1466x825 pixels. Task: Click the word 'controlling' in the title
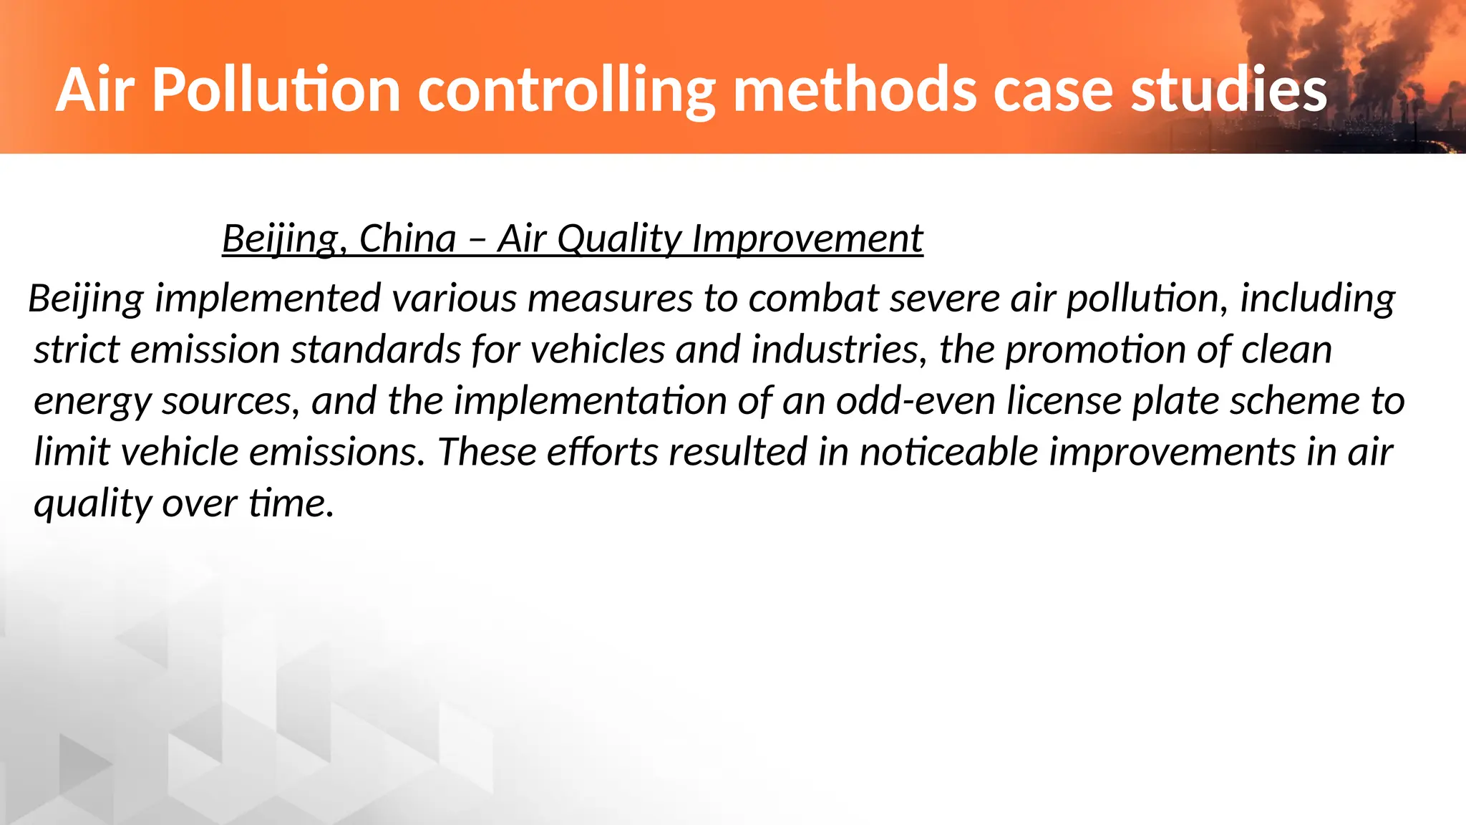[566, 90]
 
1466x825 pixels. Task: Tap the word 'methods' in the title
[855, 90]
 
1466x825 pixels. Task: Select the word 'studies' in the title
[1228, 90]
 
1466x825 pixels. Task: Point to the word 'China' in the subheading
[407, 238]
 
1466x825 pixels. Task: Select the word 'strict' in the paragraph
[77, 349]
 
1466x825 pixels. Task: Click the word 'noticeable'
[948, 452]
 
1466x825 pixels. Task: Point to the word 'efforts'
[602, 452]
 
